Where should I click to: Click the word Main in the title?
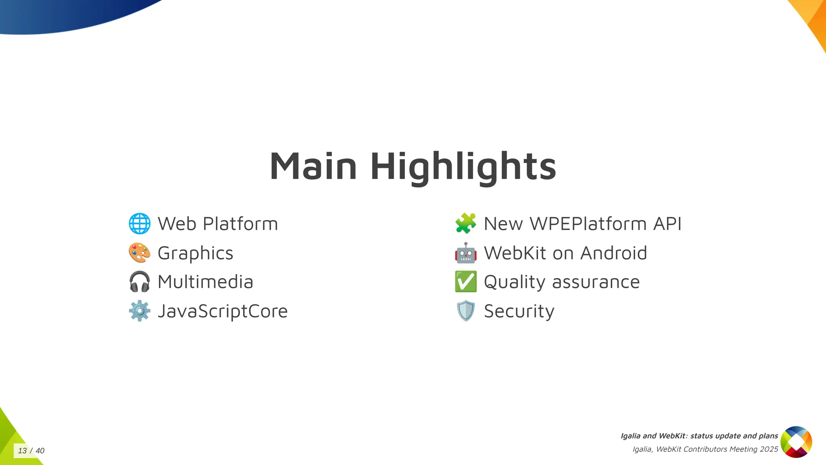point(313,166)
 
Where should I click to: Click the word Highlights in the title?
point(463,166)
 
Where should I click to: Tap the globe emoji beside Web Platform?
point(140,224)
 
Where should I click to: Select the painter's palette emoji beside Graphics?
point(140,253)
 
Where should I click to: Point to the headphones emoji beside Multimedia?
point(140,282)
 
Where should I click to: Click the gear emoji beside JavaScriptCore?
point(140,311)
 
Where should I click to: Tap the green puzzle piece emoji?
point(465,223)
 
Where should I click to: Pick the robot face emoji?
point(465,253)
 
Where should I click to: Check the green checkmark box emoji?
point(465,282)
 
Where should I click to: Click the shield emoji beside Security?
point(465,311)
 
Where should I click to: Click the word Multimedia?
point(205,282)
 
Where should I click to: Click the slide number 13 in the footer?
point(22,451)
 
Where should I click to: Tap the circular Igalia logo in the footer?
point(796,442)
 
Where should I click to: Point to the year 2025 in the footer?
point(769,449)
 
